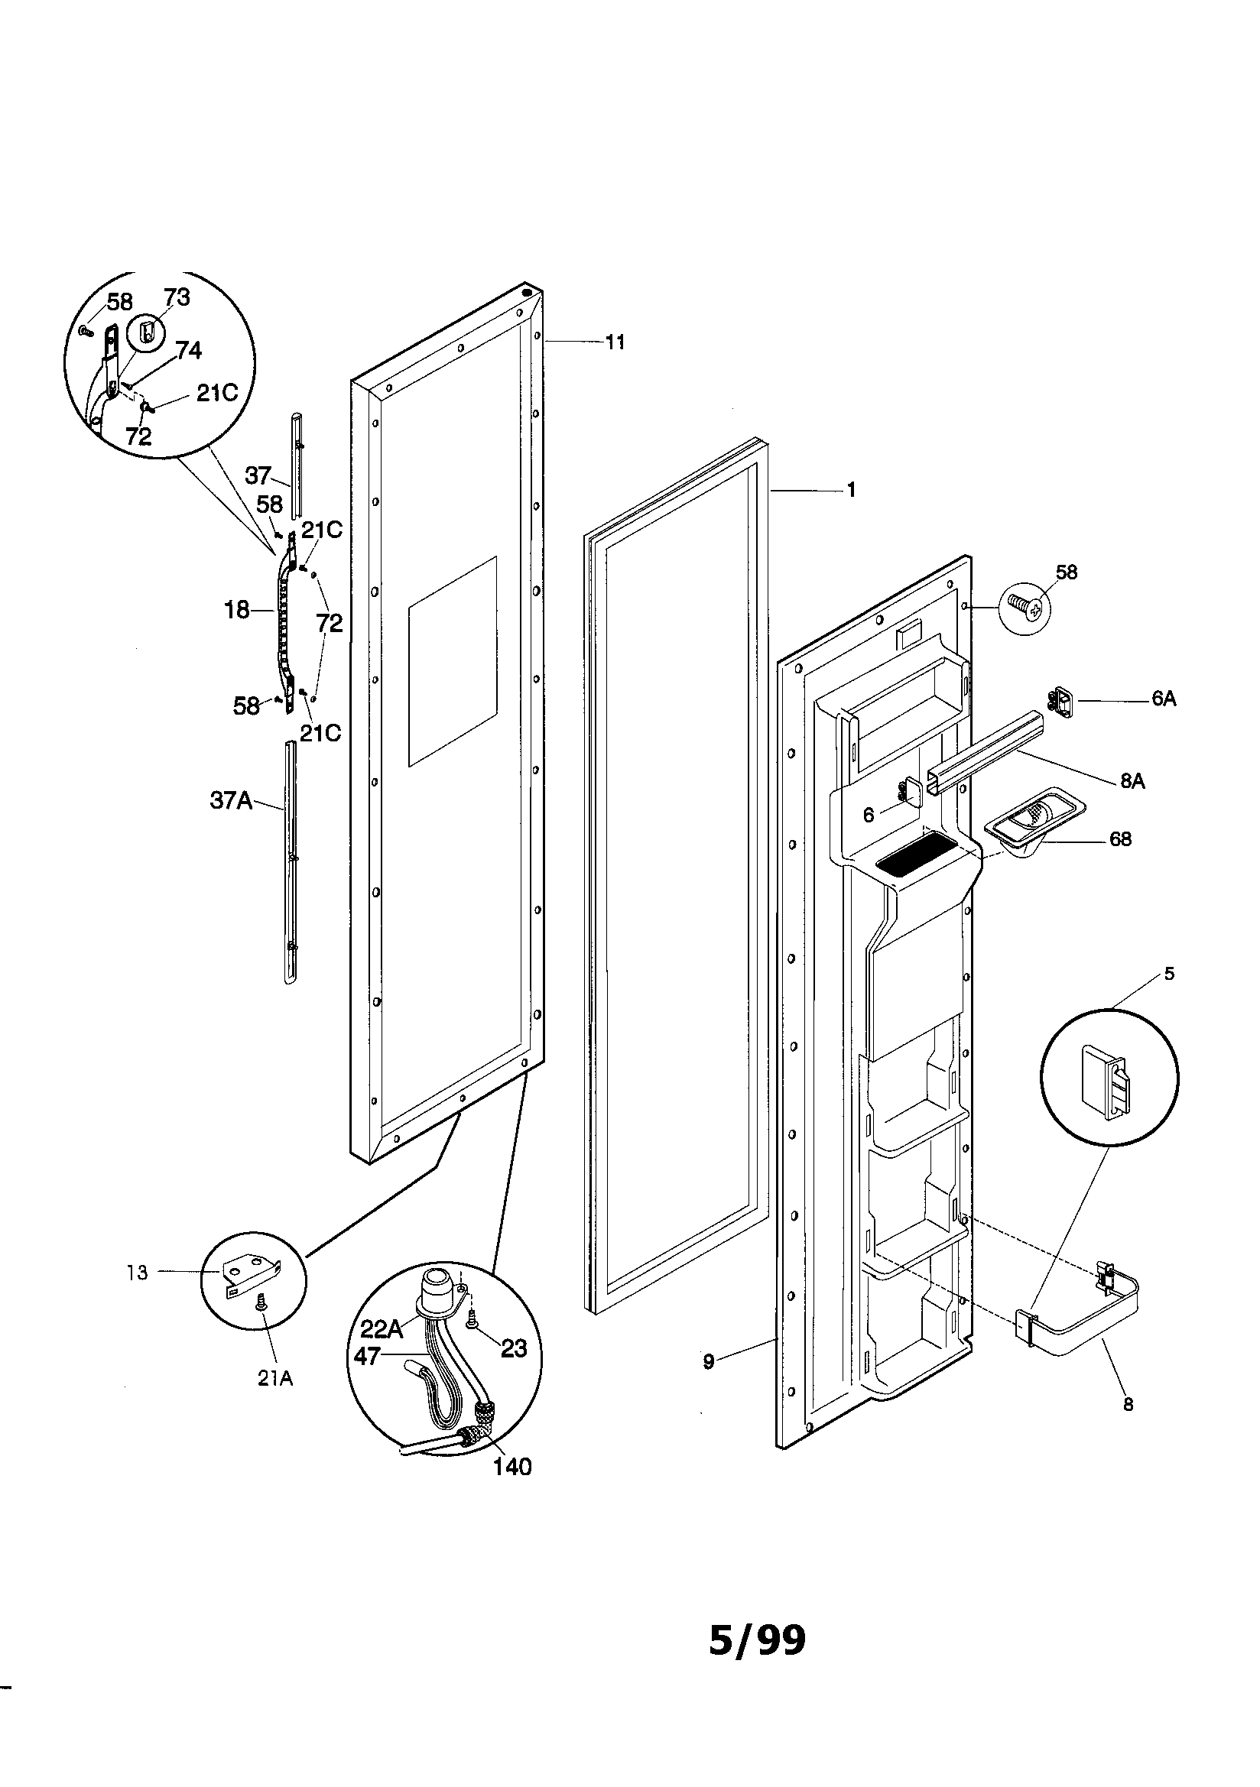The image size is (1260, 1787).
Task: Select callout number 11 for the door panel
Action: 615,342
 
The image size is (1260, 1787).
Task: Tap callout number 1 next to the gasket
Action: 851,491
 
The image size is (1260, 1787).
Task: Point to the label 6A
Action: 1164,699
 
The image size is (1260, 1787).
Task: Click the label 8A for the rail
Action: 1132,780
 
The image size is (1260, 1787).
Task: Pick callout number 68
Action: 1120,839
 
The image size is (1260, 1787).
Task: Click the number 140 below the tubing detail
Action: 512,1466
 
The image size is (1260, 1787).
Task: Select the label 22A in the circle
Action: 382,1328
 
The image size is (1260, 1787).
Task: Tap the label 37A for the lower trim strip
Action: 232,800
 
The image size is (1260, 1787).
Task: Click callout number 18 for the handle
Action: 237,610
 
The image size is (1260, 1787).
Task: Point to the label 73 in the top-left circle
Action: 177,297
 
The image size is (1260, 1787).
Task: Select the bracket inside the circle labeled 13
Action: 248,1274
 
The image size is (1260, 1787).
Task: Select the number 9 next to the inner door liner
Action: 708,1362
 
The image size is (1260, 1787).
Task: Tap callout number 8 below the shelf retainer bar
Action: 1128,1405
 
